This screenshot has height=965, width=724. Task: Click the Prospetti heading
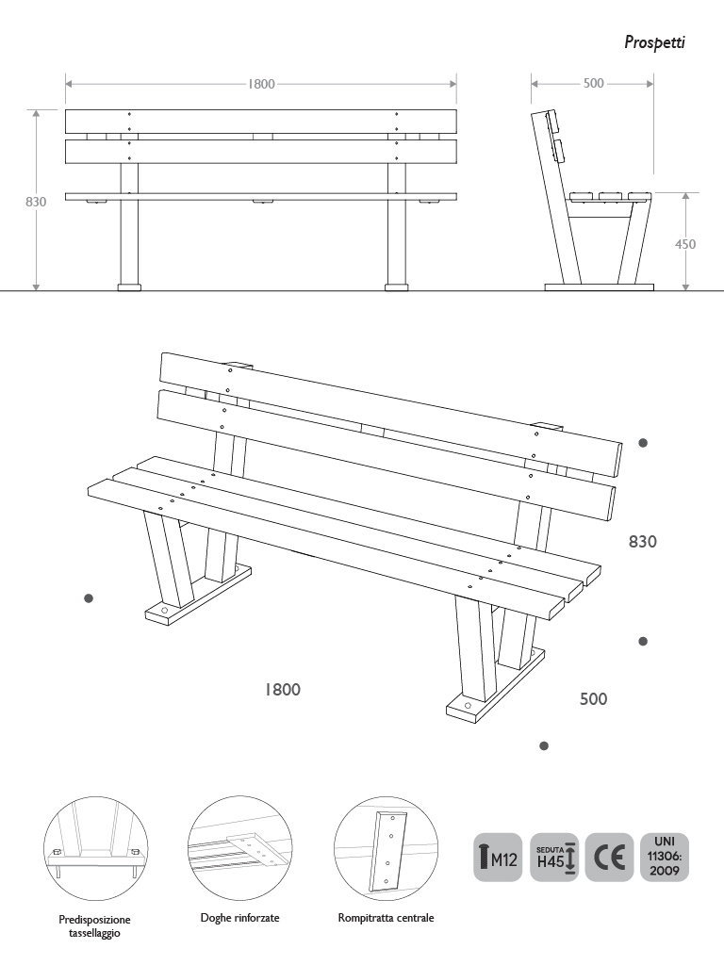point(654,42)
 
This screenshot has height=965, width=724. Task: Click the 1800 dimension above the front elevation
point(261,84)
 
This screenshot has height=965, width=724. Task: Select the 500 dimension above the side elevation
point(593,84)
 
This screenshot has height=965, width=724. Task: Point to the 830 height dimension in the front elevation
point(36,202)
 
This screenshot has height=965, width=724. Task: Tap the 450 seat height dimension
point(685,244)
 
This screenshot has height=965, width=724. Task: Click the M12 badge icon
point(498,857)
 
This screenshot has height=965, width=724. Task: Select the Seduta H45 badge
point(554,857)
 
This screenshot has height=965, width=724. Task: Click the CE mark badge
point(609,857)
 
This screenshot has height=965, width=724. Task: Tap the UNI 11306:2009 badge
point(665,857)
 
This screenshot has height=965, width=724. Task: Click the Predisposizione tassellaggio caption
point(94,925)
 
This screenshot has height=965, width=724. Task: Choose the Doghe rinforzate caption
point(239,917)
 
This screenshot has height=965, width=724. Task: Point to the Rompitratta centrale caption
point(386,917)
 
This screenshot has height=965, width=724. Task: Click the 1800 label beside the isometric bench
point(282,690)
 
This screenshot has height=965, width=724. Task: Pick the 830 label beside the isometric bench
point(643,542)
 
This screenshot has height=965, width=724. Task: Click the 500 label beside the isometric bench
point(593,699)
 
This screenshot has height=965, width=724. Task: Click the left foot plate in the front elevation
point(129,286)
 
